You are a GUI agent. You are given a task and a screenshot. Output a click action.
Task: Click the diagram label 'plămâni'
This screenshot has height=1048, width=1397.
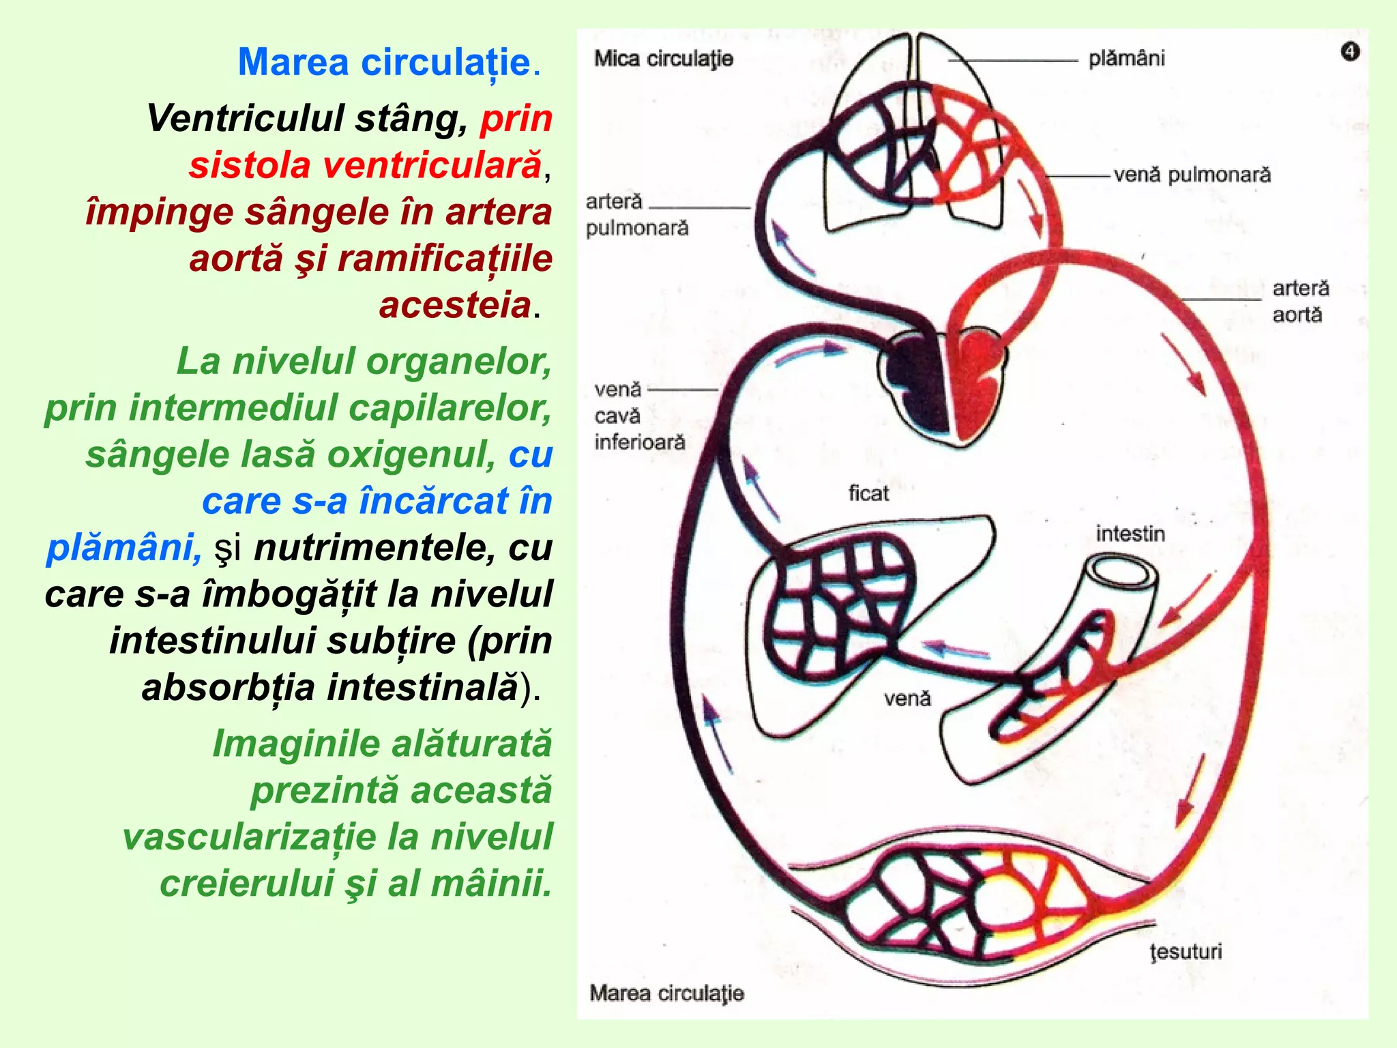(1126, 59)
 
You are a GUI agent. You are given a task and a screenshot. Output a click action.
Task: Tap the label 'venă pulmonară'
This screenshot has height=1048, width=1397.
(1192, 175)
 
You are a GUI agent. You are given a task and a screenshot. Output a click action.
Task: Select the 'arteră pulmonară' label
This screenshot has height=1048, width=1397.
(636, 214)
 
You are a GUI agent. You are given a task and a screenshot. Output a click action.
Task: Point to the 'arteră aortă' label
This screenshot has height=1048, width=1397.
(1300, 301)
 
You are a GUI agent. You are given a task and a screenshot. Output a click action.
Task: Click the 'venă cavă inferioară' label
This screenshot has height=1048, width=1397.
(639, 416)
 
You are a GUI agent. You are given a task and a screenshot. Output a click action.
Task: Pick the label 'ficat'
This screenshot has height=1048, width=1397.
(868, 493)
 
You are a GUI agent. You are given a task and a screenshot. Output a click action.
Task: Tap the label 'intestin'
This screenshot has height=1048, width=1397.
(1130, 534)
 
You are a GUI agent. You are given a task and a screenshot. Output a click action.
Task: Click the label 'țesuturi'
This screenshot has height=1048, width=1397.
(1186, 951)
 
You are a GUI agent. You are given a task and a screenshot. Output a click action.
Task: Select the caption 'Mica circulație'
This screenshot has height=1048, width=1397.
(664, 59)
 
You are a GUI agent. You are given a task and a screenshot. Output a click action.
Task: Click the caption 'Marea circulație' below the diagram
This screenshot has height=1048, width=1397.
(666, 993)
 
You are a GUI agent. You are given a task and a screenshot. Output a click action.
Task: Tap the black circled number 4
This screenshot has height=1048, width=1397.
(1350, 52)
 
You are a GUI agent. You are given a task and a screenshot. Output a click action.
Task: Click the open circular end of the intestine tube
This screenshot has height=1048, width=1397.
(1122, 572)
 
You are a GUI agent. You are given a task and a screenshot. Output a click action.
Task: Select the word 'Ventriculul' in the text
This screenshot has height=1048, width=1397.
(245, 119)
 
